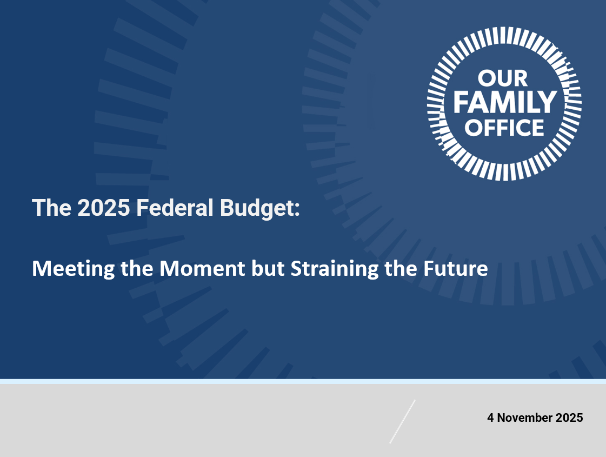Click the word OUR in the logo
(x=503, y=78)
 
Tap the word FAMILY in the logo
(x=505, y=102)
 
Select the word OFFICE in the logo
(x=504, y=128)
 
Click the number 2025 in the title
(x=104, y=208)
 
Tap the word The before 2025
(x=52, y=208)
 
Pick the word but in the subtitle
(x=268, y=268)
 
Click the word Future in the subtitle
(x=456, y=268)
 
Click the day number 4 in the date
(x=490, y=418)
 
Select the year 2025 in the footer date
(x=569, y=418)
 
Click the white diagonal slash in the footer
(x=402, y=421)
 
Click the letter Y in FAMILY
(x=548, y=102)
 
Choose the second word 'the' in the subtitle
(x=401, y=268)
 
